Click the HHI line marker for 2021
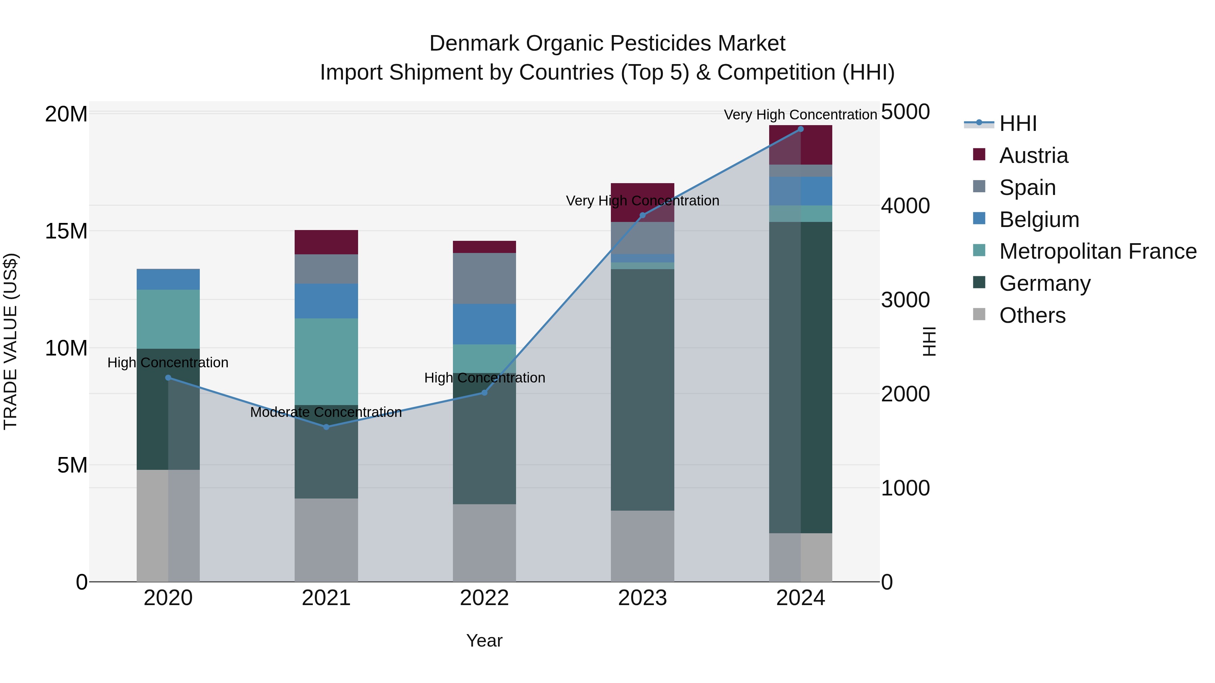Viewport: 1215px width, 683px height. pyautogui.click(x=326, y=427)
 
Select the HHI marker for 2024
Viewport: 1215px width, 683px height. pyautogui.click(x=801, y=129)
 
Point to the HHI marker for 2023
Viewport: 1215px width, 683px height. pyautogui.click(x=642, y=216)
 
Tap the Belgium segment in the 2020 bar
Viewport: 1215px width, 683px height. pyautogui.click(x=168, y=279)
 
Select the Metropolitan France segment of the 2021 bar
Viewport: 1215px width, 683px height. pyautogui.click(x=326, y=362)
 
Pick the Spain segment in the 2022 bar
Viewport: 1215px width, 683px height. pyautogui.click(x=484, y=278)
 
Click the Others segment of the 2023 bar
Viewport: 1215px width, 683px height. pyautogui.click(x=642, y=546)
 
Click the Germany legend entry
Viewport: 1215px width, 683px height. pyautogui.click(x=1044, y=283)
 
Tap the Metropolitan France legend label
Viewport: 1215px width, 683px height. pyautogui.click(x=1098, y=251)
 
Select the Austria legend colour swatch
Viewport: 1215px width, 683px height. pyautogui.click(x=979, y=154)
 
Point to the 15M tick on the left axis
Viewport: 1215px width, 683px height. pyautogui.click(x=66, y=231)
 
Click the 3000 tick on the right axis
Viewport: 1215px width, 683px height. pyautogui.click(x=905, y=300)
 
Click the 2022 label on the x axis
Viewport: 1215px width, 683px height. pyautogui.click(x=484, y=598)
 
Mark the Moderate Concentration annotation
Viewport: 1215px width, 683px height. pyautogui.click(x=326, y=412)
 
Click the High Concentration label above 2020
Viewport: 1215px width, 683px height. pyautogui.click(x=168, y=363)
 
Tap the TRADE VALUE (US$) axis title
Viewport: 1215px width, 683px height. pyautogui.click(x=10, y=341)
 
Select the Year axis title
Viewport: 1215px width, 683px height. pyautogui.click(x=484, y=641)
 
